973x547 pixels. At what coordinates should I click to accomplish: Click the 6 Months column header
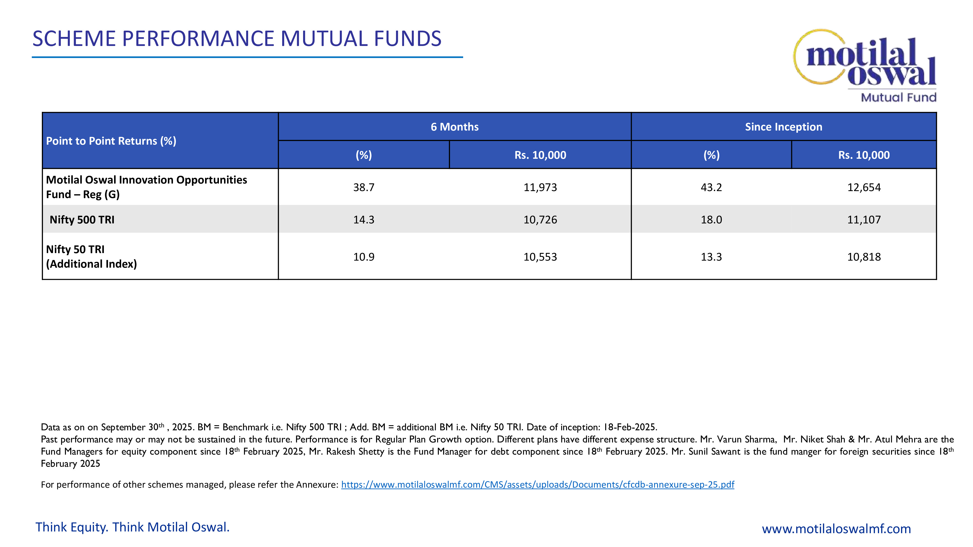[x=454, y=127]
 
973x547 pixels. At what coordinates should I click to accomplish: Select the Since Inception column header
[x=783, y=127]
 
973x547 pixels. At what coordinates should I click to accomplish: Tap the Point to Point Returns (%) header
[x=111, y=141]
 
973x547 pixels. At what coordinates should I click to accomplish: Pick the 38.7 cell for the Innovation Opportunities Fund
[x=364, y=187]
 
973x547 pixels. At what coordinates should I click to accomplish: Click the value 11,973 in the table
[x=540, y=187]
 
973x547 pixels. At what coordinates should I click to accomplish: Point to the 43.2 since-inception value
[x=711, y=187]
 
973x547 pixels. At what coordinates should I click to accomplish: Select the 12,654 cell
[x=864, y=187]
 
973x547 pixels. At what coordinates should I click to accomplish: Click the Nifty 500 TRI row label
[x=82, y=220]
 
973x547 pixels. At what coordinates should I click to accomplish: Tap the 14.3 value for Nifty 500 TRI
[x=364, y=220]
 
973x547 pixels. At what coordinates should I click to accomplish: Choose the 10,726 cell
[x=540, y=220]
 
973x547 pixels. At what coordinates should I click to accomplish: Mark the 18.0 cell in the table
[x=711, y=220]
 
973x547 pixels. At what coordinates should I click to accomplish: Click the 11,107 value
[x=864, y=220]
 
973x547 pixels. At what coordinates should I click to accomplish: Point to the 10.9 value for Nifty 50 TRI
[x=364, y=257]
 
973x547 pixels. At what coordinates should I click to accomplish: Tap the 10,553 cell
[x=540, y=257]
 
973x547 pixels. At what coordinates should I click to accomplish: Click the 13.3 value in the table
[x=711, y=257]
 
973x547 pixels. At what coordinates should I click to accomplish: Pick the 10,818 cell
[x=864, y=257]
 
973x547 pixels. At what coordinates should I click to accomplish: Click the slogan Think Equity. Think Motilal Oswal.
[x=133, y=527]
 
